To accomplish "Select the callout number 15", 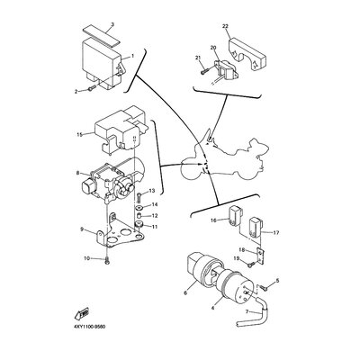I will (x=80, y=134).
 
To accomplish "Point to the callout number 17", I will (x=275, y=232).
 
